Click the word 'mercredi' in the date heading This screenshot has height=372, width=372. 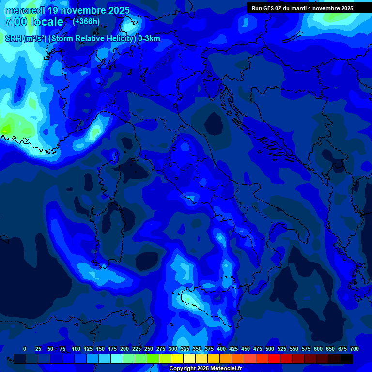click(24, 10)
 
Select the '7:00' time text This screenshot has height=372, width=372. click(15, 22)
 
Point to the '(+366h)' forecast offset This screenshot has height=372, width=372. click(86, 21)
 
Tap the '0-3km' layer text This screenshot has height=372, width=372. click(149, 39)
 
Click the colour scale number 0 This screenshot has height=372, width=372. click(25, 349)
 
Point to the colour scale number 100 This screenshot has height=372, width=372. click(76, 349)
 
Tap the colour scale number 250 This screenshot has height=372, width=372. click(149, 349)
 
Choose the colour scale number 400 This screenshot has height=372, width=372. click(221, 349)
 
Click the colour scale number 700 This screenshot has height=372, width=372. click(355, 349)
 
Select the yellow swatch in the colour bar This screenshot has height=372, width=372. click(177, 358)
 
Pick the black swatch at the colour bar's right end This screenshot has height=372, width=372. click(347, 358)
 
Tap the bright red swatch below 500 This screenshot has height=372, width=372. click(274, 358)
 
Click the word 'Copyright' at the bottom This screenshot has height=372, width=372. click(183, 369)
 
